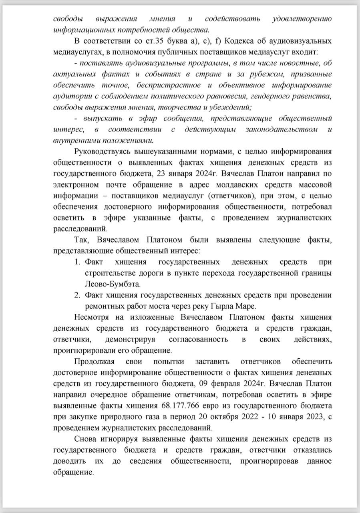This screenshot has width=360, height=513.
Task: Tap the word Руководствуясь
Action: [x=103, y=152]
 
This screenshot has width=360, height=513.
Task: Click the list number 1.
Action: [x=77, y=262]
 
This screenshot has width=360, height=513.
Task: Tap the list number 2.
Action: [x=77, y=295]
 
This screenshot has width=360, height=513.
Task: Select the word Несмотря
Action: [x=92, y=317]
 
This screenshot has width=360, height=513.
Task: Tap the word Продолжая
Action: [x=93, y=362]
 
